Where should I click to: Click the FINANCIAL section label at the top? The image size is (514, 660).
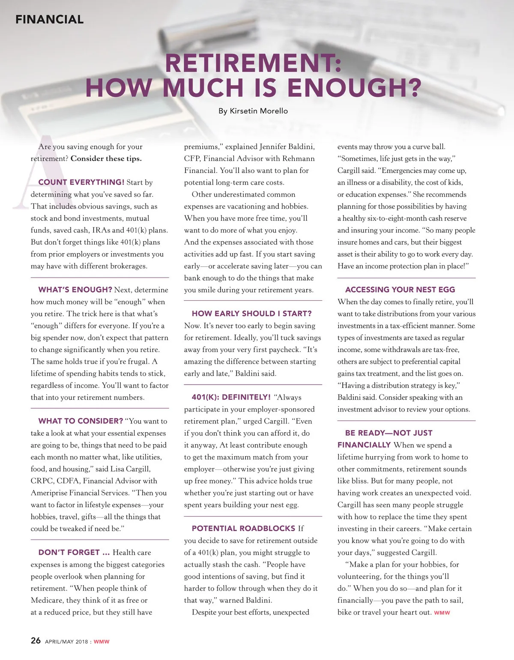[x=49, y=19]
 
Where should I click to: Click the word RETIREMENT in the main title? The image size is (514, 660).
[x=253, y=63]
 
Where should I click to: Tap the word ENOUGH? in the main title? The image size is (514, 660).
[x=354, y=88]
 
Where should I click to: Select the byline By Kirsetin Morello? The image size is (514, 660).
[x=253, y=111]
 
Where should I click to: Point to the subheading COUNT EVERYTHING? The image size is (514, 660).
[x=81, y=182]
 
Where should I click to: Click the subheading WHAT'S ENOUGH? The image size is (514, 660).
[x=75, y=290]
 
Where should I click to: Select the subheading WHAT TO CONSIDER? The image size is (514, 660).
[x=81, y=421]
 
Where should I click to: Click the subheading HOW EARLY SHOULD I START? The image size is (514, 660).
[x=251, y=314]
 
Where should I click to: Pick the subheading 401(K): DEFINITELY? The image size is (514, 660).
[x=231, y=397]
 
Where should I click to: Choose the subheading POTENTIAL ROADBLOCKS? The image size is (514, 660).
[x=243, y=529]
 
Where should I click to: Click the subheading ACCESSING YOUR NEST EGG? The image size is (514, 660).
[x=400, y=290]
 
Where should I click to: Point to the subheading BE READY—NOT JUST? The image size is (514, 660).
[x=388, y=433]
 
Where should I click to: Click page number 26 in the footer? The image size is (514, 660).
[x=36, y=641]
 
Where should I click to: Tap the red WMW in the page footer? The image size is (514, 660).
[x=102, y=642]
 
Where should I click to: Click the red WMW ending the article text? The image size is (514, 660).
[x=442, y=613]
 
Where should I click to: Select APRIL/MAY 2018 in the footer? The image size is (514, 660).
[x=66, y=642]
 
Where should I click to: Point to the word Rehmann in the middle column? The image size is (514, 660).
[x=298, y=158]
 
